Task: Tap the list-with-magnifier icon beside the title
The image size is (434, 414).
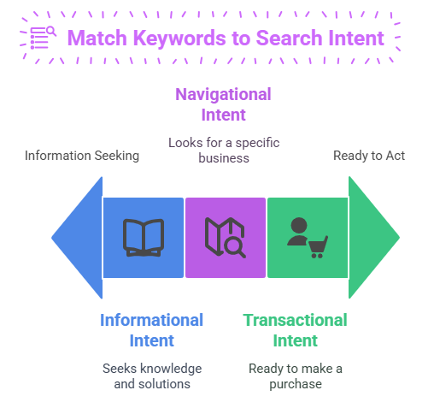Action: click(x=43, y=38)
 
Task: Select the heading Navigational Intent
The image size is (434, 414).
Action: click(x=223, y=104)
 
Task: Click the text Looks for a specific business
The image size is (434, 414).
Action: click(x=224, y=151)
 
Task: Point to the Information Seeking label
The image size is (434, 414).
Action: click(x=82, y=156)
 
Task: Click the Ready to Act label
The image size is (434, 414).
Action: click(x=369, y=156)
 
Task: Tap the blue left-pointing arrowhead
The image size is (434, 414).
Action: click(x=77, y=238)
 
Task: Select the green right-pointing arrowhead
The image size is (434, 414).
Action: click(x=374, y=238)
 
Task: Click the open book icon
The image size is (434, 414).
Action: click(x=144, y=238)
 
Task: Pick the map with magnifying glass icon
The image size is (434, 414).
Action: click(x=225, y=238)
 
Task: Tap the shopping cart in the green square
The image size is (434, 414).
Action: click(x=318, y=247)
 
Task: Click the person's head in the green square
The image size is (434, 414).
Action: click(x=299, y=225)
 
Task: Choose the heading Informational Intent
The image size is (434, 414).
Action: click(x=151, y=330)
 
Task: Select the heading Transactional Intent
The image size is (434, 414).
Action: click(x=295, y=330)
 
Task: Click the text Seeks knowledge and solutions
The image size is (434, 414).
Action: click(x=152, y=376)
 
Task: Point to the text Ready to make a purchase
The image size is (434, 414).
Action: click(x=296, y=376)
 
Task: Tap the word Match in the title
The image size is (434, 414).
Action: click(x=97, y=38)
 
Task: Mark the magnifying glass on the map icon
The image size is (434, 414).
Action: click(x=235, y=247)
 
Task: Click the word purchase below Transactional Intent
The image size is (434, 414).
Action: click(x=296, y=384)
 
